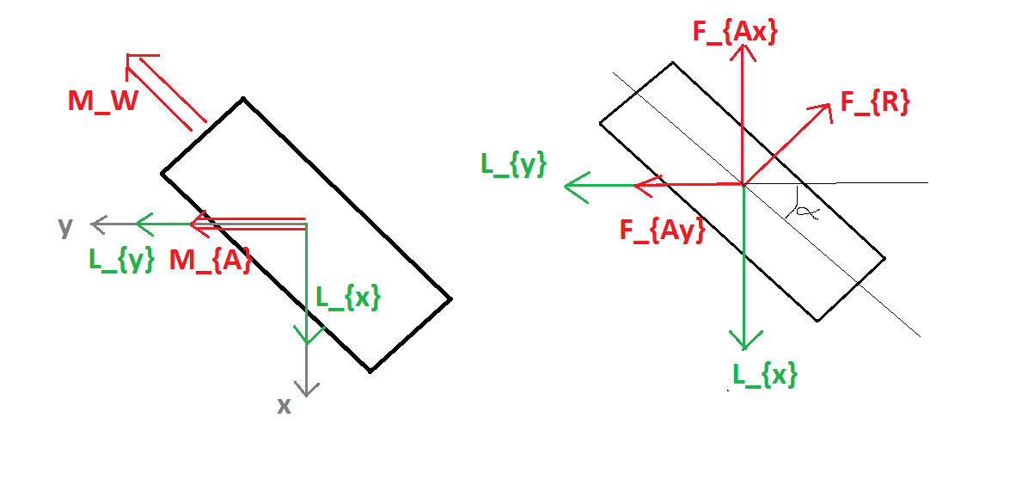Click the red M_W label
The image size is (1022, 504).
(x=103, y=101)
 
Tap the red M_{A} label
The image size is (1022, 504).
(x=211, y=261)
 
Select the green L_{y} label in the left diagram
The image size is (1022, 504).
(x=122, y=260)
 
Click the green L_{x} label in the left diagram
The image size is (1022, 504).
(x=347, y=298)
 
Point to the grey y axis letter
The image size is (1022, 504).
(x=65, y=228)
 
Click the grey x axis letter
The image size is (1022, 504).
(x=284, y=406)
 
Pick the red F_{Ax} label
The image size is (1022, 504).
(x=735, y=32)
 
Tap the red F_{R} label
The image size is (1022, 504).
(x=875, y=102)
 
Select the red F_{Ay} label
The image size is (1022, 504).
(x=663, y=230)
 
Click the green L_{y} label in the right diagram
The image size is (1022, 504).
(x=514, y=164)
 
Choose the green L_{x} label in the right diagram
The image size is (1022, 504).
(x=764, y=375)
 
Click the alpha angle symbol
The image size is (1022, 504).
(x=806, y=211)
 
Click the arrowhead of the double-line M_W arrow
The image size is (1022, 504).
(x=128, y=56)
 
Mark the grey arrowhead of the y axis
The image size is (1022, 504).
(x=93, y=224)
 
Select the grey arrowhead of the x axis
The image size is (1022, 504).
(x=306, y=395)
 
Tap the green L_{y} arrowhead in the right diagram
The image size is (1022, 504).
(x=565, y=187)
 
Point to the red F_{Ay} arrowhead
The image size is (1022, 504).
(x=635, y=185)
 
